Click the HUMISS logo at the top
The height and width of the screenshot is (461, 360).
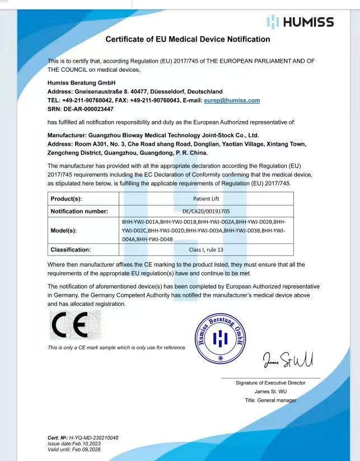[300, 22]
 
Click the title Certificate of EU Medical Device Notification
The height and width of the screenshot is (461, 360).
[188, 39]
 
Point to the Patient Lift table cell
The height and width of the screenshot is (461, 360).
[205, 199]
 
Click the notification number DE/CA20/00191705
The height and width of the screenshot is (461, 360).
[205, 211]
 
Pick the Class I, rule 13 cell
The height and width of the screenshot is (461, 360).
[205, 249]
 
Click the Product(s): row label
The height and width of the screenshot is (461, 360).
[67, 199]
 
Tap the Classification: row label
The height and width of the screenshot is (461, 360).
[71, 249]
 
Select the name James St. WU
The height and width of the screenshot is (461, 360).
[271, 392]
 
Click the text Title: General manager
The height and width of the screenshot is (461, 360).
[271, 400]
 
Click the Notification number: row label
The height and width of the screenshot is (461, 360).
[79, 211]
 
